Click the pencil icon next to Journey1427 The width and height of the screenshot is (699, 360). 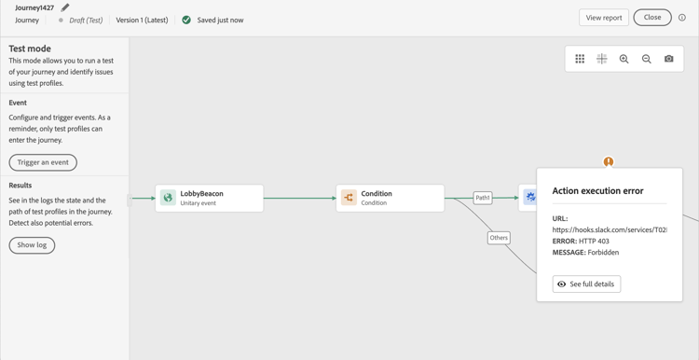65,7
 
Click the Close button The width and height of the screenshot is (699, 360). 651,17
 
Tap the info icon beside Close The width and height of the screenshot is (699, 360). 682,18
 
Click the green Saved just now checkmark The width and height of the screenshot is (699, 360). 186,20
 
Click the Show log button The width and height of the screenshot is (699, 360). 32,245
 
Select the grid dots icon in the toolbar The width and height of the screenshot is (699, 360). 580,59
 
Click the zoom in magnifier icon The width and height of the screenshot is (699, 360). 624,59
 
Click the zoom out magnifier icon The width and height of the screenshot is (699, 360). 647,59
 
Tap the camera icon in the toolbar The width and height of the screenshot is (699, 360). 669,59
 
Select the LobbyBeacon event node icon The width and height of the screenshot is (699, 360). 168,198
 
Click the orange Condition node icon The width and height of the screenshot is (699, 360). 349,198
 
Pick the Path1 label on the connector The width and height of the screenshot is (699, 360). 483,198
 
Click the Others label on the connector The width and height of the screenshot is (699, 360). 499,238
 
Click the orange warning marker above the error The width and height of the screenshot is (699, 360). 609,162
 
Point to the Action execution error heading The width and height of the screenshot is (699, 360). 597,191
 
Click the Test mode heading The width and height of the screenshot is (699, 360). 30,48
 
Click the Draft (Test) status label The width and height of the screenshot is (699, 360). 86,20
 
